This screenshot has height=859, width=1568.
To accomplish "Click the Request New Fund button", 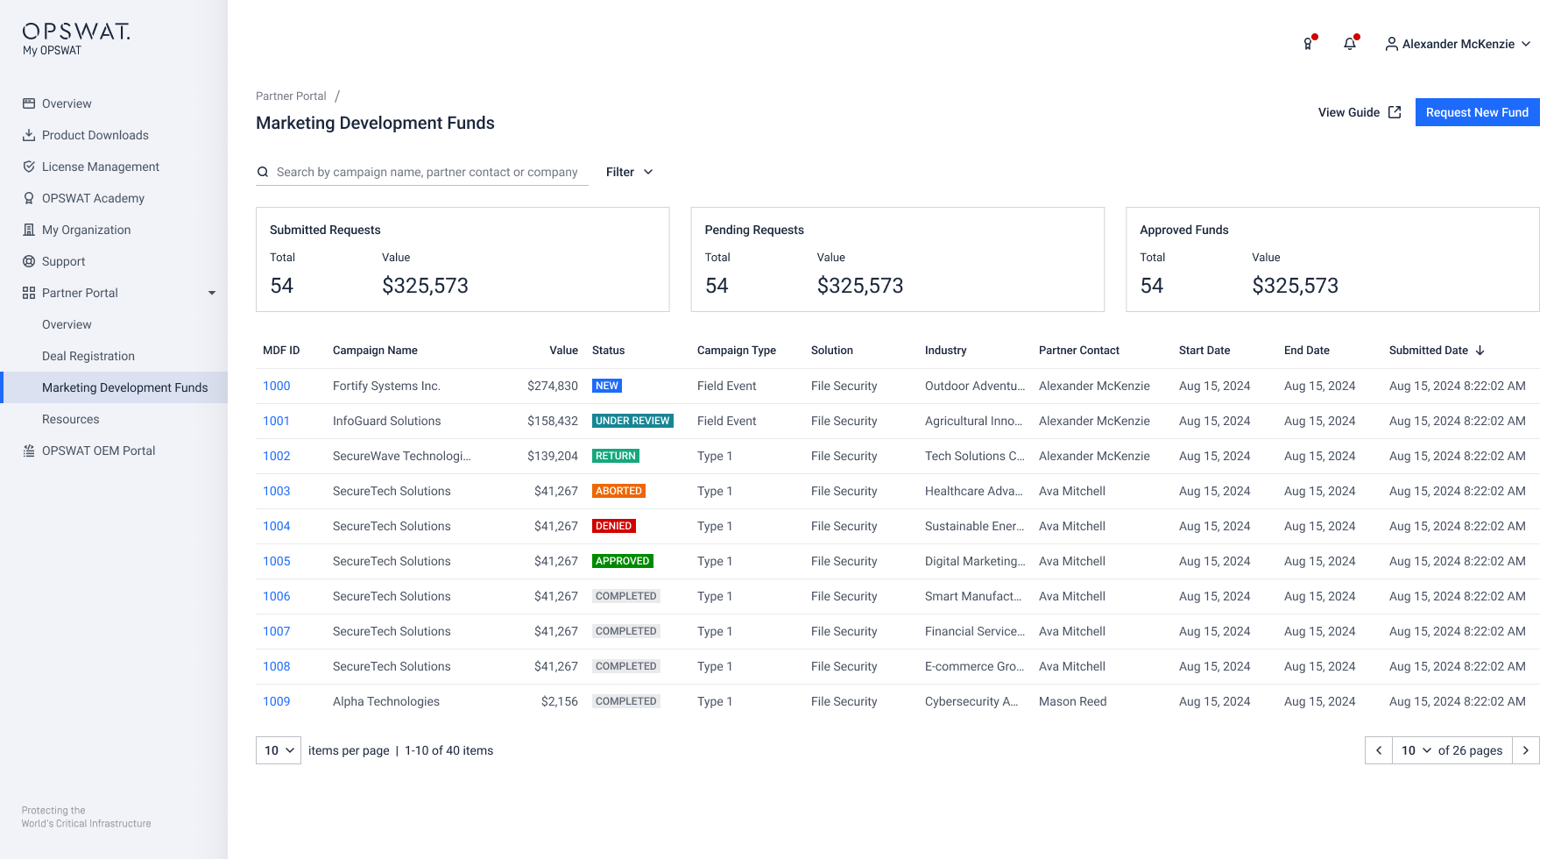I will (1477, 112).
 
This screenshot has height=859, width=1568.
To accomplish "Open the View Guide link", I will (1359, 112).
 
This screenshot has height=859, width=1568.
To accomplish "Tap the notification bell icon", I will (1350, 44).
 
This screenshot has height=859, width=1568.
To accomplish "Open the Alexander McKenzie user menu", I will (1458, 44).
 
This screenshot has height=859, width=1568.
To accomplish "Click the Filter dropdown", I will (629, 172).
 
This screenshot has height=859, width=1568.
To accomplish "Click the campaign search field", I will (427, 172).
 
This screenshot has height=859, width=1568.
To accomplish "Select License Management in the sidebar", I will (101, 167).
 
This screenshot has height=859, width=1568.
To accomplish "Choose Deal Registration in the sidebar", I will (88, 356).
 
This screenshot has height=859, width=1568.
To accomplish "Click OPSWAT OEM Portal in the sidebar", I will (98, 451).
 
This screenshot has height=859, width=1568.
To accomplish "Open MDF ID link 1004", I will (277, 526).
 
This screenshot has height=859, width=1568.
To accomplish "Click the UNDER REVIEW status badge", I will (632, 421).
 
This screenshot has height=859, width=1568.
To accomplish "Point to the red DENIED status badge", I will (613, 526).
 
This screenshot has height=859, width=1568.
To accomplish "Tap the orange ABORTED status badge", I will (618, 491).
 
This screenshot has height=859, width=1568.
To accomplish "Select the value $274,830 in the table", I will (553, 386).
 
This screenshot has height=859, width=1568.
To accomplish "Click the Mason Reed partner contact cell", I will (1072, 701).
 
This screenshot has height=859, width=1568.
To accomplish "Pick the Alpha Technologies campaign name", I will (386, 701).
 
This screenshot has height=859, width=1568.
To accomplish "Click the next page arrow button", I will (1526, 750).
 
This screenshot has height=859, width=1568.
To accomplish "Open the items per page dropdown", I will (279, 750).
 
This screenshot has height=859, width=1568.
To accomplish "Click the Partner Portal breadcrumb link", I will (291, 96).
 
